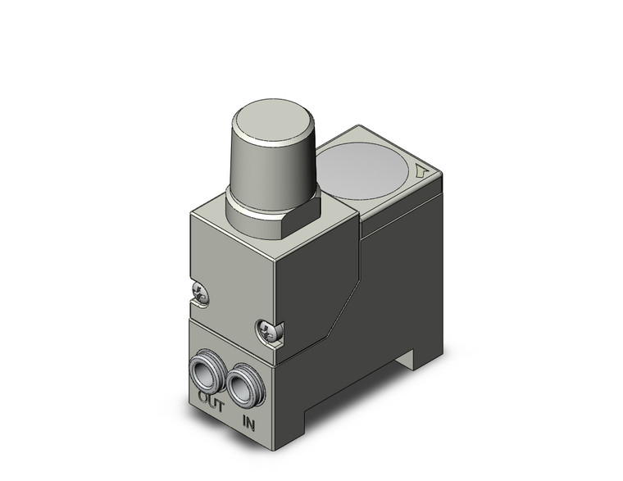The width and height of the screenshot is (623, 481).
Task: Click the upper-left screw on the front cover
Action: (200, 291)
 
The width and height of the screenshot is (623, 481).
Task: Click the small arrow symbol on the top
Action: (421, 172)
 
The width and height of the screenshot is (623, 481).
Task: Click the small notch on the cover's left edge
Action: (194, 301)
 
